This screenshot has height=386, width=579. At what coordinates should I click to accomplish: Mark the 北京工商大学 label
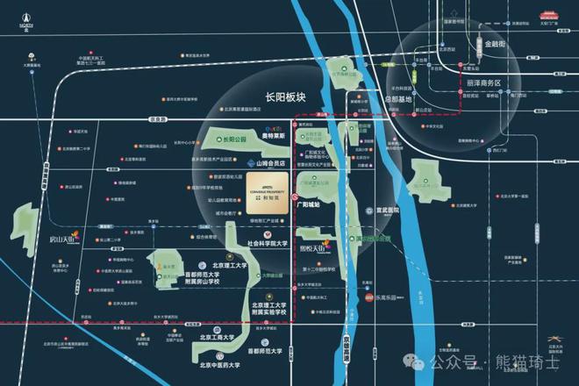(216, 337)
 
